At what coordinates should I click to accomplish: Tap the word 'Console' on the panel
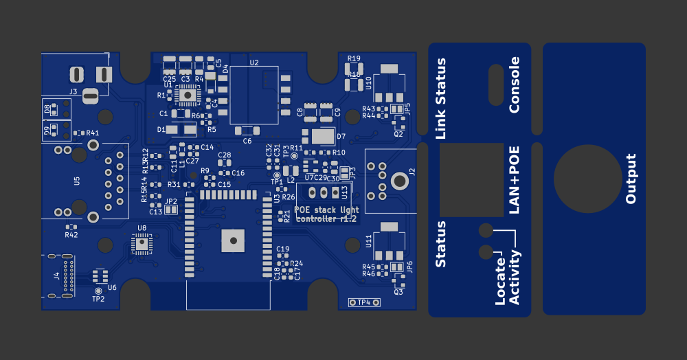(x=515, y=85)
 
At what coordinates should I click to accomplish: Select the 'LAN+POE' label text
(x=515, y=180)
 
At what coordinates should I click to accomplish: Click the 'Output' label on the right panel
(x=631, y=179)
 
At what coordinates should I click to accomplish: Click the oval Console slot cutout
(x=495, y=85)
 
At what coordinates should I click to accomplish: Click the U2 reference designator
(x=254, y=63)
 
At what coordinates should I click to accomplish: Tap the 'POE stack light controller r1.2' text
(x=326, y=214)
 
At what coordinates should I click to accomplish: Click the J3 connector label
(x=73, y=91)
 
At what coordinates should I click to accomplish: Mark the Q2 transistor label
(x=398, y=134)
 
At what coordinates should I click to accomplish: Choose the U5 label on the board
(x=77, y=181)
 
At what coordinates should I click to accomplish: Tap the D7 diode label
(x=341, y=137)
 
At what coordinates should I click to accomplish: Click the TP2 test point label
(x=98, y=299)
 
